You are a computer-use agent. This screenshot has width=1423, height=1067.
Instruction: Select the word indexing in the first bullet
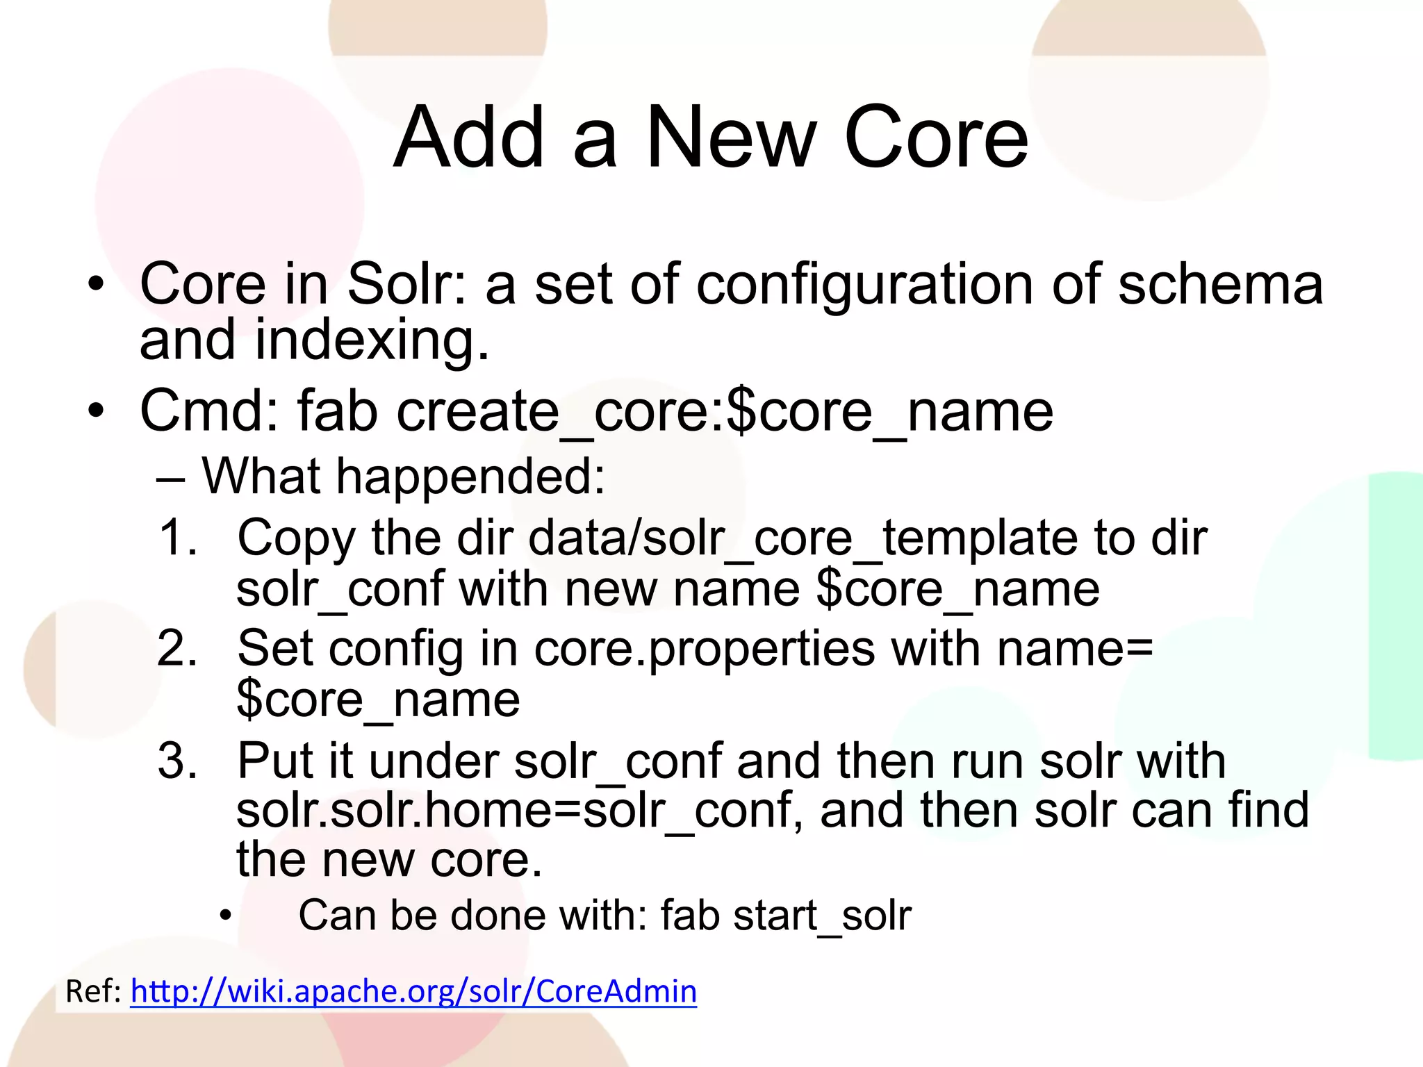pyautogui.click(x=372, y=340)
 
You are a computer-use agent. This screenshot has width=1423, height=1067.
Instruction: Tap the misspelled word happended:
pyautogui.click(x=471, y=477)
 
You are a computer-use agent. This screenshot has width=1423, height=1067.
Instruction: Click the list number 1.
pyautogui.click(x=176, y=538)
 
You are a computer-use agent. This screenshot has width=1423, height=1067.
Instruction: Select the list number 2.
pyautogui.click(x=176, y=649)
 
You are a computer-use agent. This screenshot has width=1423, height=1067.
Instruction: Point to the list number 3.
pyautogui.click(x=176, y=761)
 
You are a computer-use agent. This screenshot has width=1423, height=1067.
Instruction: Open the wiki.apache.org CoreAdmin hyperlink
pyautogui.click(x=413, y=991)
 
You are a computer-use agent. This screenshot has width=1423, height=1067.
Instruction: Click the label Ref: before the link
pyautogui.click(x=93, y=991)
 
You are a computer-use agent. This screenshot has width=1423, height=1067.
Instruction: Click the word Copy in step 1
pyautogui.click(x=296, y=539)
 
